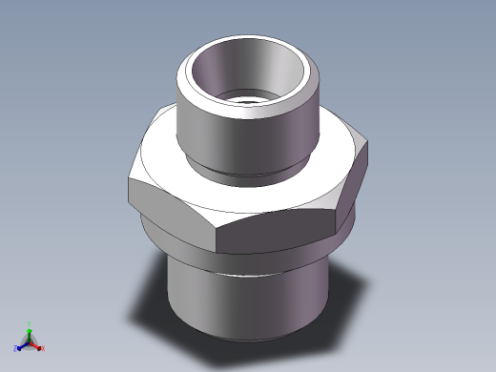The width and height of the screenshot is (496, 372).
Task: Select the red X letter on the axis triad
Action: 42,348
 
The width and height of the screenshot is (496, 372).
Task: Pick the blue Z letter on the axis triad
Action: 16,348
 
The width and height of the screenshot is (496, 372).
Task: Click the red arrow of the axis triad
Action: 36,344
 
